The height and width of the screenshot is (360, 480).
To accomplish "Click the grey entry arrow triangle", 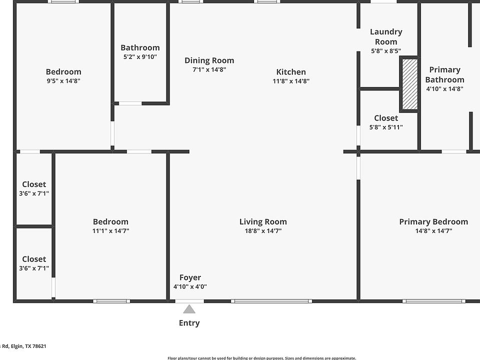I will (x=189, y=309).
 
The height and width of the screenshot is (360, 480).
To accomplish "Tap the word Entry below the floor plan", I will (x=189, y=323).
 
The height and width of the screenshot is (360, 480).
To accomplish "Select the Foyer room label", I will (x=190, y=277).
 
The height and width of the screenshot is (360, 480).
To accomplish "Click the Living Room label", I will (x=263, y=221).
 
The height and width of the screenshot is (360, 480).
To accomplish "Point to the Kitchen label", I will (x=291, y=72).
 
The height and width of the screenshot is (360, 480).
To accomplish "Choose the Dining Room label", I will (x=209, y=60).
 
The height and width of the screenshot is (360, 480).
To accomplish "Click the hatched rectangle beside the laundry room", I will (x=409, y=84).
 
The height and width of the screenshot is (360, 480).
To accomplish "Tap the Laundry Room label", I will (x=386, y=36).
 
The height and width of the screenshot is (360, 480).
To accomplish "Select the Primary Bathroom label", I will (x=444, y=74).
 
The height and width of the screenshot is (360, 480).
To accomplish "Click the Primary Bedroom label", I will (x=433, y=221).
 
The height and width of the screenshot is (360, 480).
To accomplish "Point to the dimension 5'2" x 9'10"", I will (x=140, y=57).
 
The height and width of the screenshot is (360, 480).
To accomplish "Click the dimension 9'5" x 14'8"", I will (x=63, y=81).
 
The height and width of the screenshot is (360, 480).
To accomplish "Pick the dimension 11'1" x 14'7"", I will (x=110, y=231).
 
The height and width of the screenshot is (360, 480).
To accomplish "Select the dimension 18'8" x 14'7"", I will (x=263, y=231).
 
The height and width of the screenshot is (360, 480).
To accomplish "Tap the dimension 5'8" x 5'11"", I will (x=386, y=127).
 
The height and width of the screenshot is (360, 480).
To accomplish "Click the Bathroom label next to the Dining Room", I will (x=140, y=47).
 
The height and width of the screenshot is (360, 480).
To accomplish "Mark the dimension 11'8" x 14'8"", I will (x=291, y=81).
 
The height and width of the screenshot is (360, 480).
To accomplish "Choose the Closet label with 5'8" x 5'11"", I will (x=386, y=118).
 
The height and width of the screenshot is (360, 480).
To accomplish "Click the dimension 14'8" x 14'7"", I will (x=433, y=231).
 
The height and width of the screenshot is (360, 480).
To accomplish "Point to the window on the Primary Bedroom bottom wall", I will (x=433, y=301).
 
